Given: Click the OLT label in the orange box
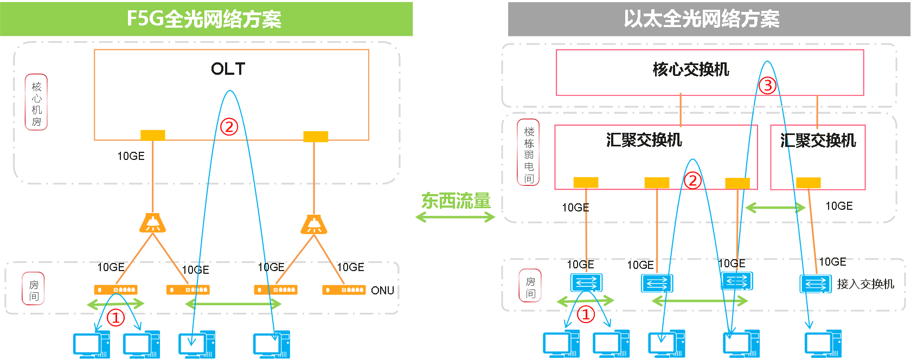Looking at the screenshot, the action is coord(228,69).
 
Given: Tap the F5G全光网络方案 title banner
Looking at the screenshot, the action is coord(206,19).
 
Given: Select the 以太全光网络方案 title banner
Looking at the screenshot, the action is coord(709,19).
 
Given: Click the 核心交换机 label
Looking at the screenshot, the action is coord(691,69).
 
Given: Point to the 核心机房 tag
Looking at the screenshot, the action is coord(36,102).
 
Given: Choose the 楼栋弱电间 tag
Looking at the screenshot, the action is coord(528,152).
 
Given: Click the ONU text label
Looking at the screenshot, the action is coord(382,291).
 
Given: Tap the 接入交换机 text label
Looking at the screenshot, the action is coord(865,284).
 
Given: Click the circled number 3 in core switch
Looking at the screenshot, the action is coord(767,86).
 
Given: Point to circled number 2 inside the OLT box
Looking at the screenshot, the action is coord(229,127).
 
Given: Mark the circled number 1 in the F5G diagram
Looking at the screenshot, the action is coord(116,318).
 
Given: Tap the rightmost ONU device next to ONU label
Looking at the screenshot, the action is coord(344,290).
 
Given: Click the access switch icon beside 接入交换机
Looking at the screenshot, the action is coord(816,284).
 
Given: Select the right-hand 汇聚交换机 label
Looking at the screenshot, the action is coord(818,141).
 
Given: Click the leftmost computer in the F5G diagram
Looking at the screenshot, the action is coord(92,345).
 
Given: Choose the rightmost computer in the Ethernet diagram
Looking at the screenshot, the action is coord(823,344).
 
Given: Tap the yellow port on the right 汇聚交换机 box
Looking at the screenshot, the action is coord(808,183).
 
